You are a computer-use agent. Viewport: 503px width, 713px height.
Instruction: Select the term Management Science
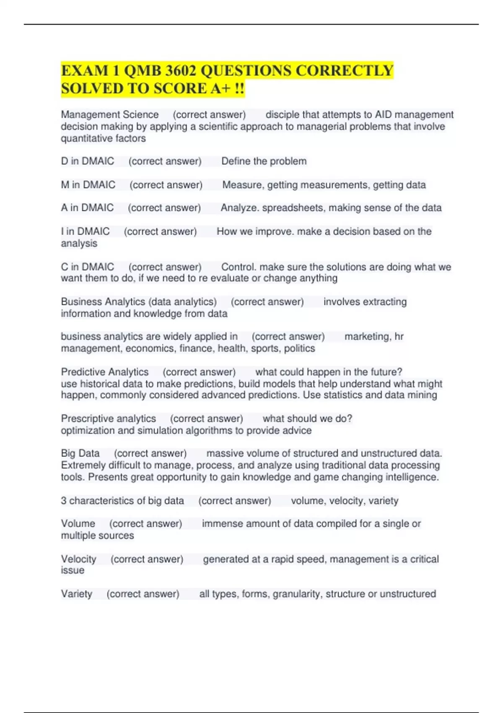(110, 114)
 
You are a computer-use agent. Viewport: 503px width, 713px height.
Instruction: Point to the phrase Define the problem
(264, 161)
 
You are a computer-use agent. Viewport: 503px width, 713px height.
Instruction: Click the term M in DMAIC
(88, 185)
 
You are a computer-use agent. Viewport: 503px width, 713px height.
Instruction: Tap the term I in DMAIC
(85, 231)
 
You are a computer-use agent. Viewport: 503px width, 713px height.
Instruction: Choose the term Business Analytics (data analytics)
(139, 302)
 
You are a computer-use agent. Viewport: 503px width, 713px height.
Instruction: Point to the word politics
(299, 348)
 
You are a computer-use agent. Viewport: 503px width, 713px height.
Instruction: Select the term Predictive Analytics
(105, 372)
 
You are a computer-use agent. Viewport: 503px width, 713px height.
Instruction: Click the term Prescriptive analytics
(108, 419)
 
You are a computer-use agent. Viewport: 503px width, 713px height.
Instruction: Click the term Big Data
(80, 453)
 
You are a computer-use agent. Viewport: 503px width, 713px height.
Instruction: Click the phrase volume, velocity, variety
(345, 501)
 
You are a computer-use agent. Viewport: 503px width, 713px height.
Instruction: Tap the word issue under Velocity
(73, 570)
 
